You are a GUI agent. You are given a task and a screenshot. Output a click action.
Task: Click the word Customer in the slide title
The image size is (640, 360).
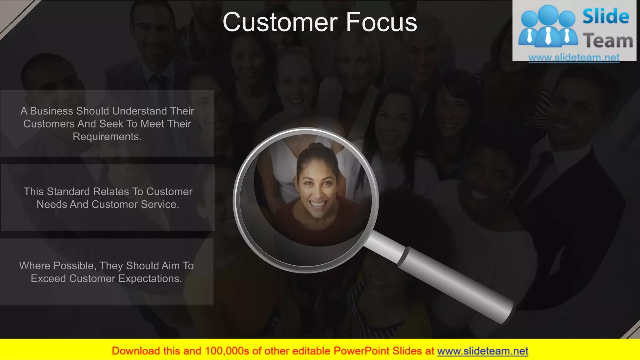280,22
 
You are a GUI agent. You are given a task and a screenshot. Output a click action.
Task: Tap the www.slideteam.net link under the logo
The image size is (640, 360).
574,57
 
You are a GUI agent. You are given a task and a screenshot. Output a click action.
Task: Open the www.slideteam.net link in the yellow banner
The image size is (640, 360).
482,351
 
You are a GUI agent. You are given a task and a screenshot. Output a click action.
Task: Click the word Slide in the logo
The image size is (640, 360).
606,17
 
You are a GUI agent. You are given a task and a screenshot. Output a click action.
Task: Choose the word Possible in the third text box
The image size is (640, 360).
75,266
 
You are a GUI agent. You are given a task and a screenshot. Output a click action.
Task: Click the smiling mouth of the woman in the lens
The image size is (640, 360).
318,205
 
